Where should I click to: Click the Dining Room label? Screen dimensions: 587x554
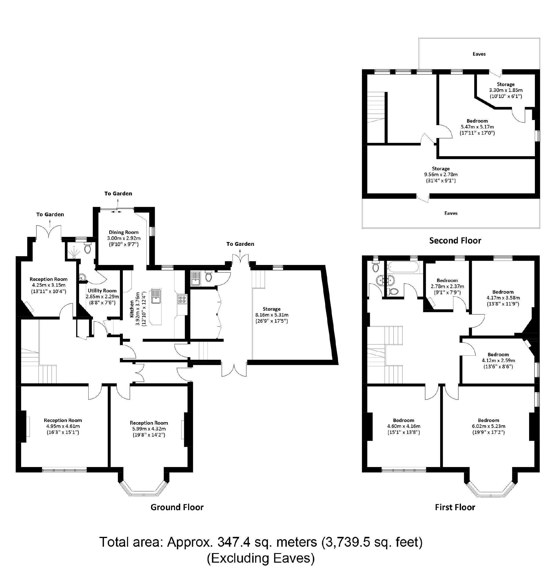pyautogui.click(x=123, y=232)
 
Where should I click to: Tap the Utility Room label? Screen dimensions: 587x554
pyautogui.click(x=102, y=291)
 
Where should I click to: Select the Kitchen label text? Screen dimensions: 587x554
pyautogui.click(x=132, y=308)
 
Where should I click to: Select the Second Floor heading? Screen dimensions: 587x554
pyautogui.click(x=455, y=241)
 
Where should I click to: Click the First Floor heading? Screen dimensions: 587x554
pyautogui.click(x=455, y=507)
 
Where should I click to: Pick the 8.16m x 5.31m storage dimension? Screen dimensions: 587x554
pyautogui.click(x=272, y=315)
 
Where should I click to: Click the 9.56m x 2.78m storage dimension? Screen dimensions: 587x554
pyautogui.click(x=441, y=175)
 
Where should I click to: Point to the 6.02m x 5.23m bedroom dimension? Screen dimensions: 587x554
pyautogui.click(x=489, y=426)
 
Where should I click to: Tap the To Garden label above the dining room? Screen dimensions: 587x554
pyautogui.click(x=118, y=194)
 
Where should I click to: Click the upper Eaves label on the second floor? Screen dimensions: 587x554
pyautogui.click(x=479, y=54)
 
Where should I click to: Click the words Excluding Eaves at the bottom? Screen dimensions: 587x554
pyautogui.click(x=261, y=558)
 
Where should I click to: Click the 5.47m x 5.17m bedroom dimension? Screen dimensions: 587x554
pyautogui.click(x=477, y=127)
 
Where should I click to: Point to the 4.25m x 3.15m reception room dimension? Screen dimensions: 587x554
pyautogui.click(x=49, y=285)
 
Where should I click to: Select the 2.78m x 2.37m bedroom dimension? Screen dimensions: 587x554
pyautogui.click(x=447, y=286)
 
